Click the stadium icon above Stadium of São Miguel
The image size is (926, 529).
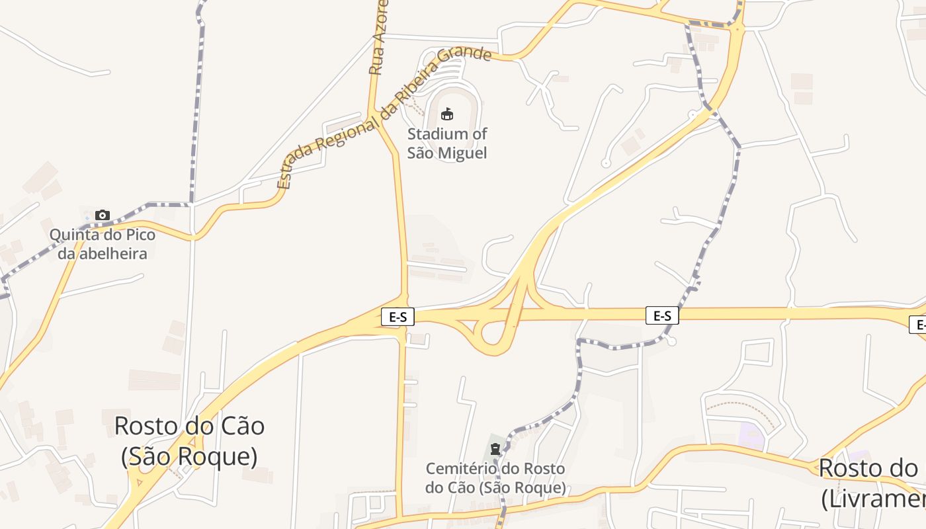447,114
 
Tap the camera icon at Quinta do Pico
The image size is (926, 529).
103,215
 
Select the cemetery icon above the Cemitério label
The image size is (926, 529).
495,449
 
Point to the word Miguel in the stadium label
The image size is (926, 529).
464,153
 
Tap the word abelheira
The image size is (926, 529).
112,253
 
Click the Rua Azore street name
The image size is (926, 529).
377,38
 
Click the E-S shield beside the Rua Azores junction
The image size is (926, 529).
398,317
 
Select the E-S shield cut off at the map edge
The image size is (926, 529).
918,325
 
